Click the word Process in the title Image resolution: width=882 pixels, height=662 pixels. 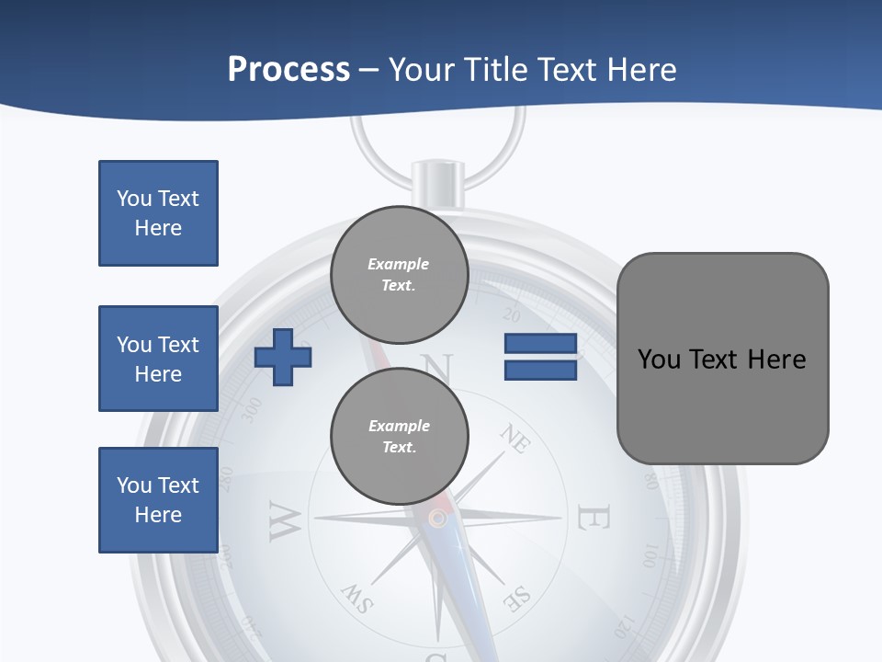coord(288,69)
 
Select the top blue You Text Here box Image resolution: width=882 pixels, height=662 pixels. coord(158,213)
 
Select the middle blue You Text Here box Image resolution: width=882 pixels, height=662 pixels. coord(158,359)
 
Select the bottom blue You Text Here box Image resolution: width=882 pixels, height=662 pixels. coord(158,499)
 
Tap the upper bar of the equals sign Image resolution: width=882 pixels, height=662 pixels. coord(540,344)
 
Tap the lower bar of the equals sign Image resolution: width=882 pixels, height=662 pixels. coord(540,371)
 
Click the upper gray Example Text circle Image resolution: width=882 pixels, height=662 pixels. coord(399,274)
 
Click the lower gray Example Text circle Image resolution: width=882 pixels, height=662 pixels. coord(399,436)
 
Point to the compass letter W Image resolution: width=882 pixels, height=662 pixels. coord(284,521)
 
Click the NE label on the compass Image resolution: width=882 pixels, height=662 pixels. coord(515,439)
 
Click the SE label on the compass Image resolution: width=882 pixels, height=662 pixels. coord(517,599)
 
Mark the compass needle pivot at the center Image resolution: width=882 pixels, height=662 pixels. coord(438,519)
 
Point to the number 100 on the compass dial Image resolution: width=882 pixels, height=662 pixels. coord(650,555)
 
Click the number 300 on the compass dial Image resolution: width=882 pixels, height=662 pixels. coord(250,410)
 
